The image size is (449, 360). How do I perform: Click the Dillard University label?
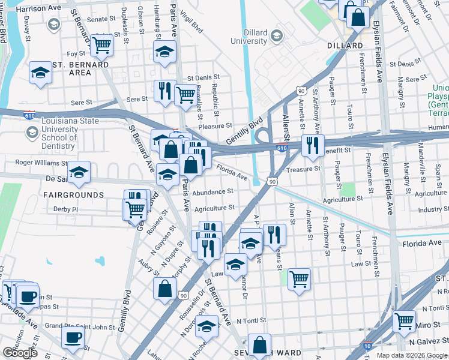247,37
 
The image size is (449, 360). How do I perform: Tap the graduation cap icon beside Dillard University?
276,35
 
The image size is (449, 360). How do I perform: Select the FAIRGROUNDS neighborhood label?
73,195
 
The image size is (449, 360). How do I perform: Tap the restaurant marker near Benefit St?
312,145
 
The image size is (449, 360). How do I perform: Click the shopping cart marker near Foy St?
101,43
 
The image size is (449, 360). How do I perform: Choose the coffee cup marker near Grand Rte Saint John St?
73,337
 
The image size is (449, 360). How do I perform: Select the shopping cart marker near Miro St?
405,320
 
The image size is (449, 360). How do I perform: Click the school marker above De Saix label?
79,172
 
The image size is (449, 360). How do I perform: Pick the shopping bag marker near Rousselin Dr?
164,288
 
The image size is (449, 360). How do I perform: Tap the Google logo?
20,353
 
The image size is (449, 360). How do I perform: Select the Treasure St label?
304,169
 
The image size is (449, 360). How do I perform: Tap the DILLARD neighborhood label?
345,46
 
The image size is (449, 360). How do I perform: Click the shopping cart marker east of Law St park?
299,278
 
